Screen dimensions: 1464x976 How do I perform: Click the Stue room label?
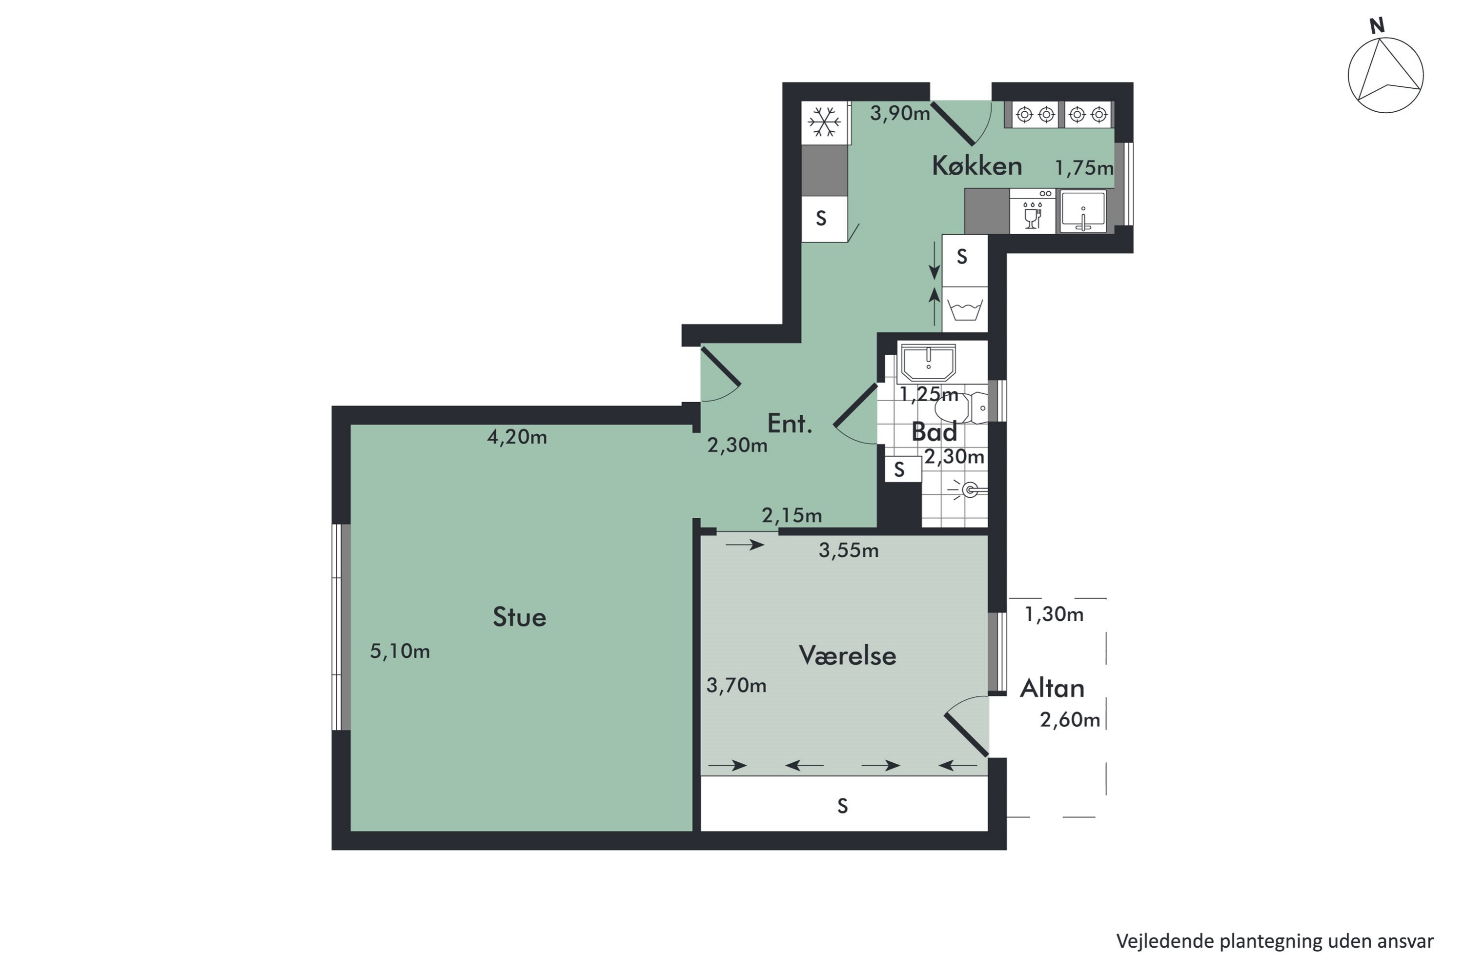tap(519, 617)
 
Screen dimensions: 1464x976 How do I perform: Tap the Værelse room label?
tap(847, 655)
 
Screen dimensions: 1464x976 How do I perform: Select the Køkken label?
tap(976, 165)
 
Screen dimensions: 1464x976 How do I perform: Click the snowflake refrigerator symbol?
tap(824, 122)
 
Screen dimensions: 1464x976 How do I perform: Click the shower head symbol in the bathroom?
tap(969, 490)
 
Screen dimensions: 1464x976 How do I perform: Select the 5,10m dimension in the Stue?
tap(400, 651)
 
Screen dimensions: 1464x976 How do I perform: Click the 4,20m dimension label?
tap(517, 437)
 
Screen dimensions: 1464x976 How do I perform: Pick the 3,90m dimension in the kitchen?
tap(899, 113)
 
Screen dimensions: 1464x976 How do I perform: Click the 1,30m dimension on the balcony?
tap(1054, 614)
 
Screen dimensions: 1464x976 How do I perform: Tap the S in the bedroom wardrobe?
tap(842, 806)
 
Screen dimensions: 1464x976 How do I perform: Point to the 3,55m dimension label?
tap(849, 550)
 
